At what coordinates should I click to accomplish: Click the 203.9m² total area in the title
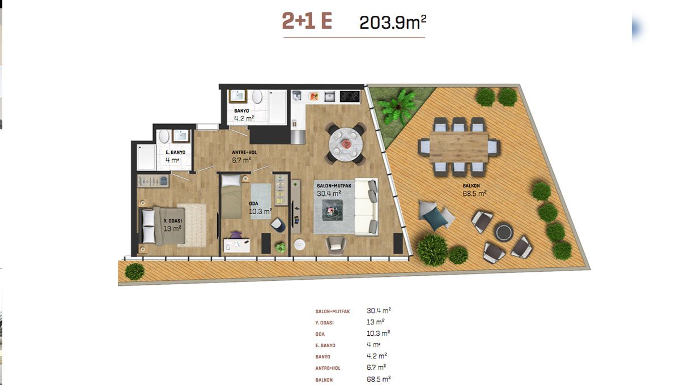tap(393, 22)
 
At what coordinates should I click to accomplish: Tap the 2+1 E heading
tap(307, 21)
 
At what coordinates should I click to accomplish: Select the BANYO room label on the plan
tap(241, 111)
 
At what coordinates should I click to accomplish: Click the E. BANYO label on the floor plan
tap(176, 152)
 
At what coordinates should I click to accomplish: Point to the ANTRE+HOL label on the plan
tap(244, 152)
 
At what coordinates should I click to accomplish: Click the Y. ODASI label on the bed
tap(173, 221)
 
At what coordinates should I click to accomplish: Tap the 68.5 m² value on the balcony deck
tap(474, 193)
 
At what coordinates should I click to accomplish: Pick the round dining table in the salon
tap(346, 144)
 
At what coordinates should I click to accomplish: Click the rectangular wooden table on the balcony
tap(459, 147)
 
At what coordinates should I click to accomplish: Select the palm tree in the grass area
tap(397, 107)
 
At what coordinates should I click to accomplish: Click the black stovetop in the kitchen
tap(350, 96)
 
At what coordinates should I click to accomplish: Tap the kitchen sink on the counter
tap(330, 96)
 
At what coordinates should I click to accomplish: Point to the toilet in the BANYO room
tap(257, 97)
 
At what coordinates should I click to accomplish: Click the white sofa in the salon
tap(367, 207)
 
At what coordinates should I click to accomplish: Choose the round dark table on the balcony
tap(503, 232)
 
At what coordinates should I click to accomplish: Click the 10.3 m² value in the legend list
tap(379, 333)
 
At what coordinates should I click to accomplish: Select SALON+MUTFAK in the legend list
tap(333, 311)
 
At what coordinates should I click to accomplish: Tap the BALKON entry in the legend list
tap(324, 380)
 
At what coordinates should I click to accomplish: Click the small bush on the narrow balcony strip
tap(134, 272)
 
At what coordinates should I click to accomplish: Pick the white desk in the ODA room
tap(236, 246)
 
